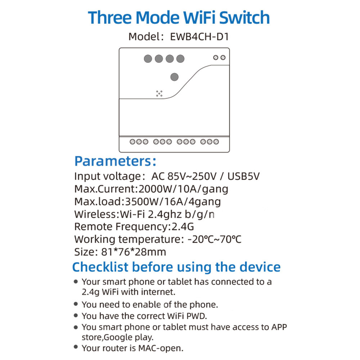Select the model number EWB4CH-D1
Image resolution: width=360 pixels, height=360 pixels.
click(199, 37)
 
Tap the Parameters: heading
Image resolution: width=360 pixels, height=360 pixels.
click(115, 161)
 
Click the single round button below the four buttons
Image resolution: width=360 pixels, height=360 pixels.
click(175, 77)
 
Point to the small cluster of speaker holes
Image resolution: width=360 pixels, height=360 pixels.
click(159, 94)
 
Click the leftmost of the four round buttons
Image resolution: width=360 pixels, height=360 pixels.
click(148, 59)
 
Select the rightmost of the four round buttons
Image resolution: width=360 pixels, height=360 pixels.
click(180, 59)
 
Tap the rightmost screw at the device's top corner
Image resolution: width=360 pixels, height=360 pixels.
click(223, 57)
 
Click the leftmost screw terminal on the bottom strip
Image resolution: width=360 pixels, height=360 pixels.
click(132, 142)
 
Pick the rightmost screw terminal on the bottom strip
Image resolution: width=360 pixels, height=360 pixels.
click(216, 142)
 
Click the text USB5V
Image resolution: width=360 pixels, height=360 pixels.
click(243, 176)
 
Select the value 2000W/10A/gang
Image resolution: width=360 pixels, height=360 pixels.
click(184, 189)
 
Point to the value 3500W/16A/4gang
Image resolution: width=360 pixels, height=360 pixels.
click(173, 202)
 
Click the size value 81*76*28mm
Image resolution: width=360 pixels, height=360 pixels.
click(134, 252)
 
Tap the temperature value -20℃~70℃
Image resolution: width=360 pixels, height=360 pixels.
click(215, 239)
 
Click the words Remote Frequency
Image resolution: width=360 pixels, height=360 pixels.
click(121, 227)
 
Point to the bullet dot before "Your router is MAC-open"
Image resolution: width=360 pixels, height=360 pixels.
click(76, 347)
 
